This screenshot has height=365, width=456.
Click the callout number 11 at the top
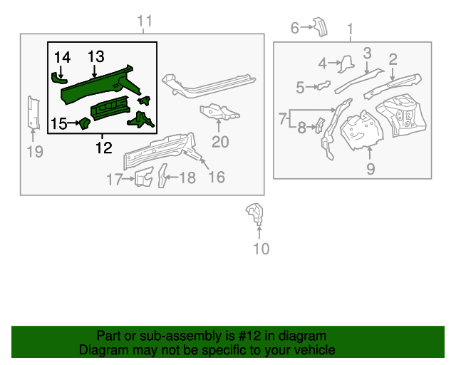(145, 21)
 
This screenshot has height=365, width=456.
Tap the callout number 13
(96, 56)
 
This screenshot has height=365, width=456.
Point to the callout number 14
(62, 56)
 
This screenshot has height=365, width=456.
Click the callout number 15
(59, 123)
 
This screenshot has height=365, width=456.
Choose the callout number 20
(220, 141)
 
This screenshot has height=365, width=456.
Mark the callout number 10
(261, 248)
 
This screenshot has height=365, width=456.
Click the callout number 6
(295, 28)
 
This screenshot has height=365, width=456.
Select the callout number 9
(370, 168)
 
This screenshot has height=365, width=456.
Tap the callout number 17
(115, 179)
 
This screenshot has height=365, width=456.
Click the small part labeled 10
(254, 213)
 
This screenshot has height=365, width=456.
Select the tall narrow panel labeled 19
(32, 113)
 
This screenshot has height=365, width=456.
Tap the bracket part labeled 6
(319, 27)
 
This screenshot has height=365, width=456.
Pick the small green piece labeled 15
(83, 124)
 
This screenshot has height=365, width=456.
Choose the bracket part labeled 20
(217, 112)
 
